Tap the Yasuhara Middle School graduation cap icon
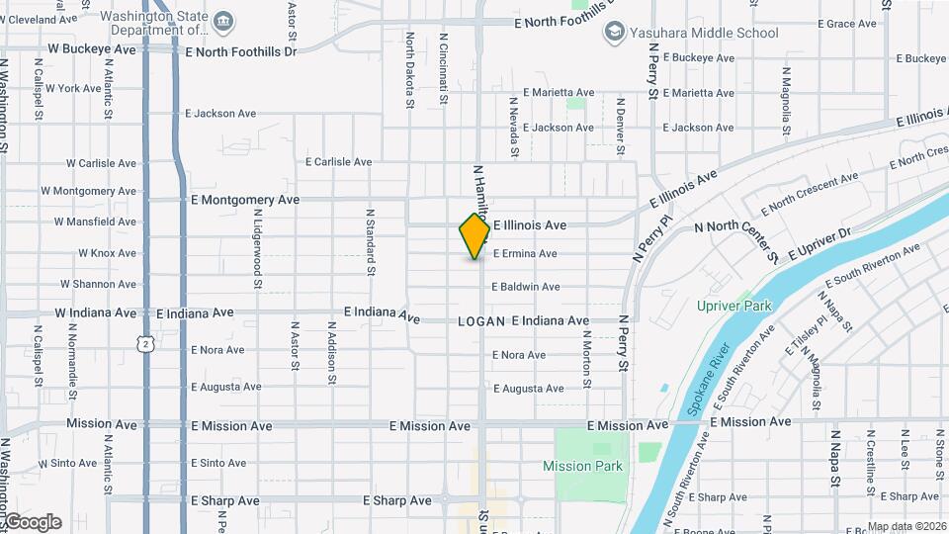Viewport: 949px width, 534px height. [614, 33]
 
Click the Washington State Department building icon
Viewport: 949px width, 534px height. [224, 22]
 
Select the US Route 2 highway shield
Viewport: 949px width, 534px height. [145, 343]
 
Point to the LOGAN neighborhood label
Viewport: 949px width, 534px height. [481, 321]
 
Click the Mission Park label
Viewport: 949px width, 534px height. [582, 466]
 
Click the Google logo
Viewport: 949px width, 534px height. [33, 522]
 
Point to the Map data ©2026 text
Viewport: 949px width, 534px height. [906, 526]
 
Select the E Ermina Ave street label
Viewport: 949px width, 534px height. [525, 254]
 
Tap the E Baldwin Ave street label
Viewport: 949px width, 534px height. [526, 287]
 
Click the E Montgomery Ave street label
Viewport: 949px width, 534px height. [244, 200]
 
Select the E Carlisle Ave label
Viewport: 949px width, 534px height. [338, 162]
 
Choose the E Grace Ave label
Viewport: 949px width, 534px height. [848, 24]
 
